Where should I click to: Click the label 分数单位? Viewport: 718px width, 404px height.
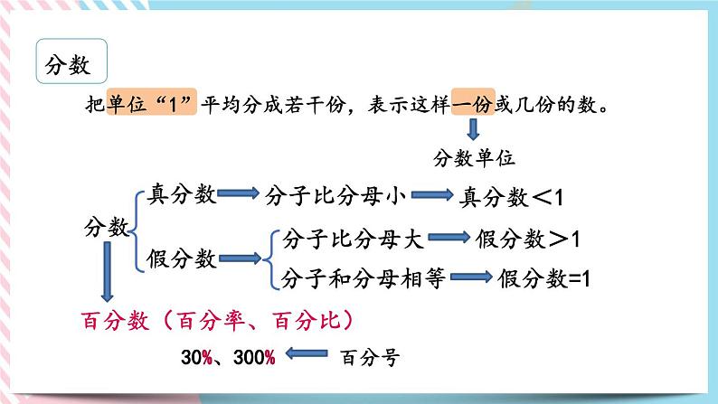(x=474, y=158)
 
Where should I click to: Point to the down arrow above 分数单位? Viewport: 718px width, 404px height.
(x=472, y=129)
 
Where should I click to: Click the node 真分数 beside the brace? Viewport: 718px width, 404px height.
(x=181, y=194)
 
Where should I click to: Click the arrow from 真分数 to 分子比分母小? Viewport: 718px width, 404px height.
(x=239, y=194)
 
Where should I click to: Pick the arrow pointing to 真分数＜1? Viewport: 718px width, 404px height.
(x=433, y=195)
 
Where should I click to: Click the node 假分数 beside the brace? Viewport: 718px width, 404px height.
(x=181, y=259)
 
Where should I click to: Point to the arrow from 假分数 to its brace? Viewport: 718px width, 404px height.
(x=240, y=259)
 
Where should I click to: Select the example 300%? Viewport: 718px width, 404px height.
(x=253, y=356)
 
